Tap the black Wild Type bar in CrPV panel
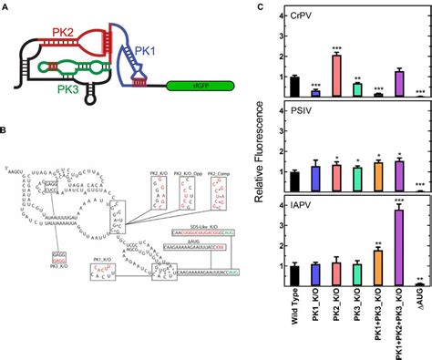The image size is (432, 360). click(x=293, y=87)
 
